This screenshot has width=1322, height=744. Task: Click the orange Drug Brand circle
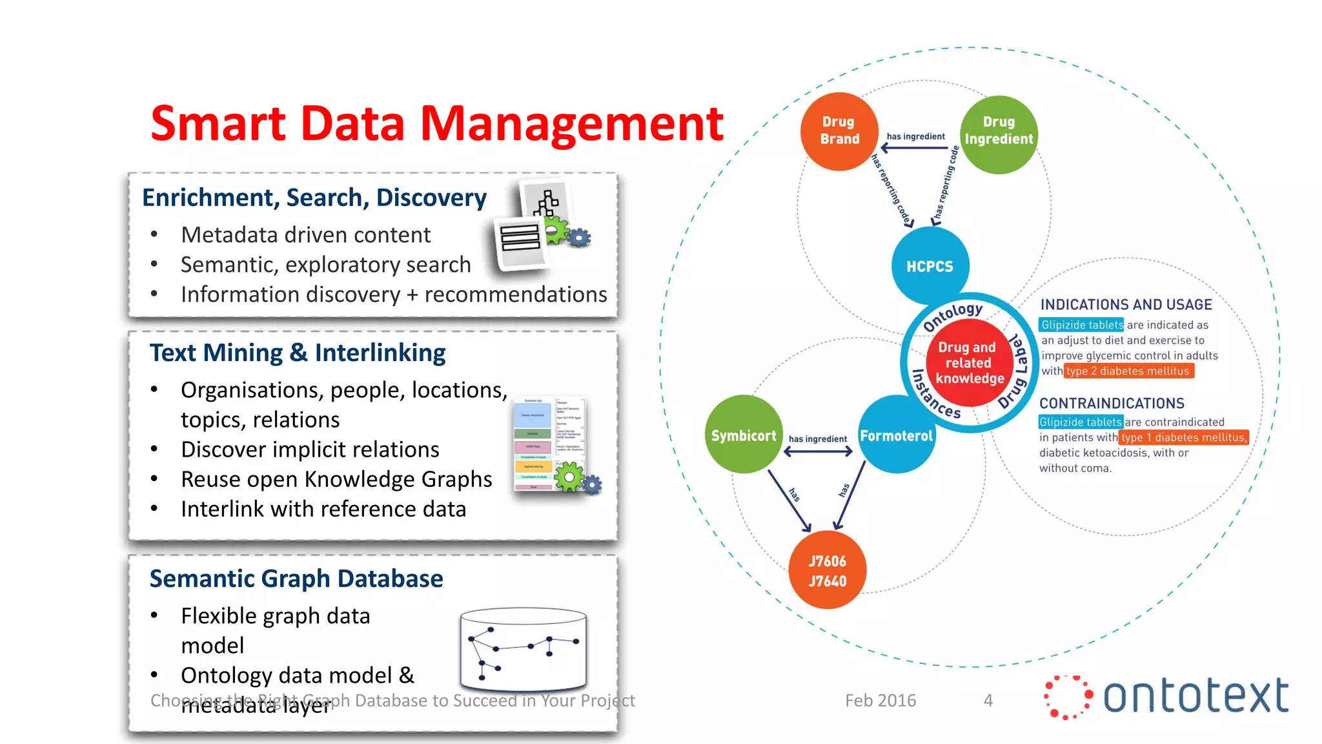(x=839, y=131)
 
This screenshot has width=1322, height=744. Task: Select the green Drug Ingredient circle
(x=999, y=134)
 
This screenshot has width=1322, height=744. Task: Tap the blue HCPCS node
(x=930, y=265)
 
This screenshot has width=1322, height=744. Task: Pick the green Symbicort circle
(x=744, y=435)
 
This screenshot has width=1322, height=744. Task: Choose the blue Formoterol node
(x=897, y=435)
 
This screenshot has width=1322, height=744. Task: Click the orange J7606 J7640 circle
(x=828, y=570)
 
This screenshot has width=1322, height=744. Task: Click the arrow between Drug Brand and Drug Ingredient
(x=915, y=148)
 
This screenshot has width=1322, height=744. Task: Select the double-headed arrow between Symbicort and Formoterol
(x=818, y=451)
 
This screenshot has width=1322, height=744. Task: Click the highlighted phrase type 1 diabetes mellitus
(x=1183, y=437)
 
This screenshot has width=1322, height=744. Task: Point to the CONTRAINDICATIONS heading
(x=1112, y=403)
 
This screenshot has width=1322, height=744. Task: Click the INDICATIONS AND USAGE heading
(x=1126, y=304)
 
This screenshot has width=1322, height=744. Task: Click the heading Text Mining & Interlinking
(x=298, y=353)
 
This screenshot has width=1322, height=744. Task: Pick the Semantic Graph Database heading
(x=296, y=579)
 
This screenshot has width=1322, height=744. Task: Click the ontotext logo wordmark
(x=1195, y=696)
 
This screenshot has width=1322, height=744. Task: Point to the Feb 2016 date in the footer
(x=880, y=700)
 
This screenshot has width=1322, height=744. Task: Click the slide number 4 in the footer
(x=988, y=700)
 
